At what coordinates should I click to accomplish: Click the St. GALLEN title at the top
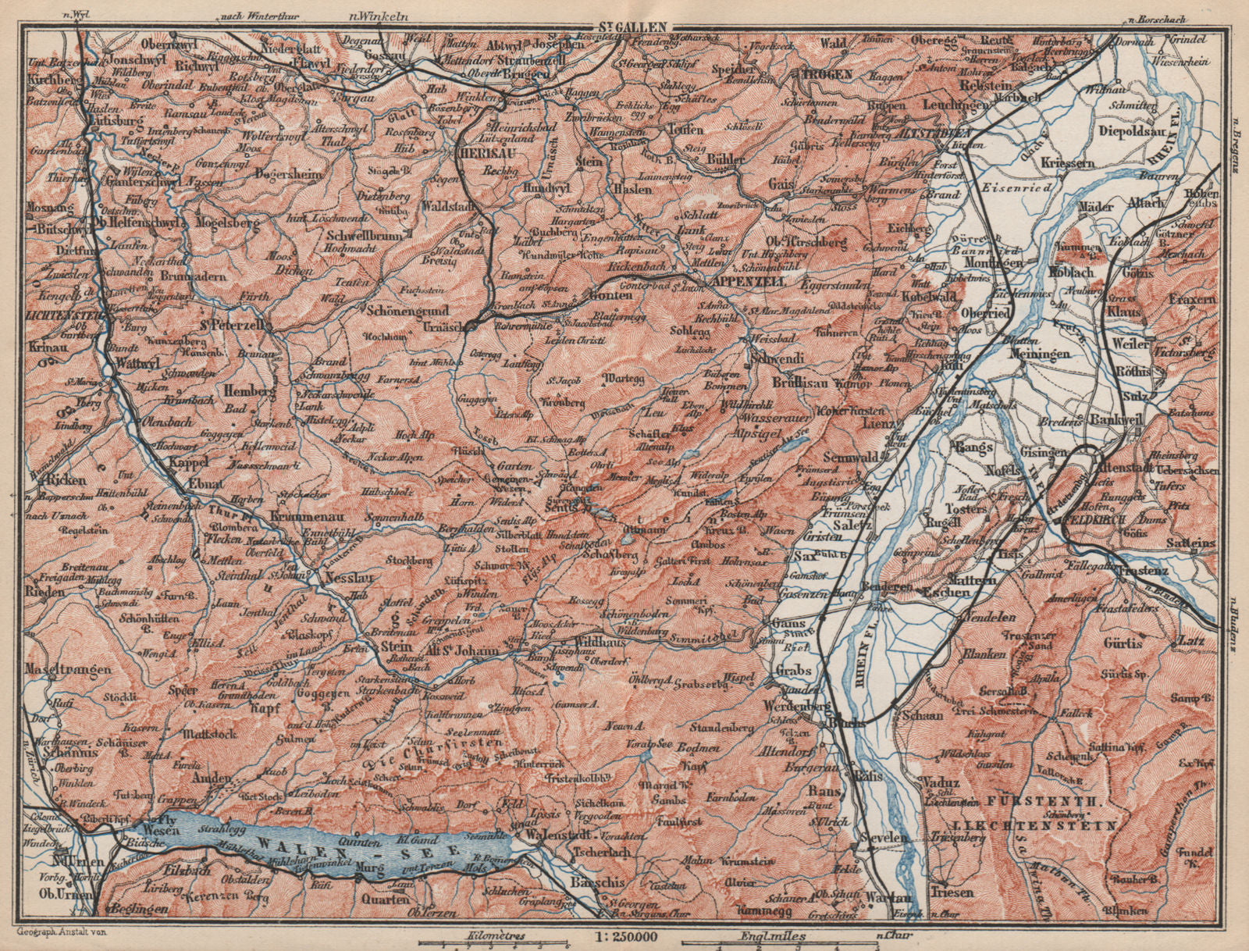pyautogui.click(x=629, y=26)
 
